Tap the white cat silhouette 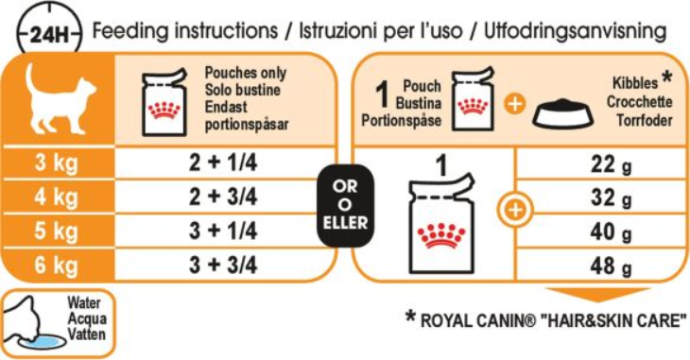pyautogui.click(x=60, y=99)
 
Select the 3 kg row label pyautogui.click(x=57, y=163)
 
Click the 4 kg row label pyautogui.click(x=57, y=197)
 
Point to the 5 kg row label pyautogui.click(x=57, y=231)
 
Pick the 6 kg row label pyautogui.click(x=57, y=265)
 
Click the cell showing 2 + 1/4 pyautogui.click(x=223, y=163)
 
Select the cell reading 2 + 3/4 pyautogui.click(x=223, y=197)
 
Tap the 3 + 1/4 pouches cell pyautogui.click(x=223, y=231)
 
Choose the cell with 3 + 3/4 pyautogui.click(x=223, y=265)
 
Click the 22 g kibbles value pyautogui.click(x=612, y=164)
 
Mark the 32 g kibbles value pyautogui.click(x=612, y=198)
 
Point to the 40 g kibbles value pyautogui.click(x=612, y=232)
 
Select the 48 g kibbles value pyautogui.click(x=612, y=266)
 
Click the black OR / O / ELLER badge pyautogui.click(x=345, y=205)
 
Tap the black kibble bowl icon pyautogui.click(x=562, y=114)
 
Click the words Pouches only pyautogui.click(x=246, y=73)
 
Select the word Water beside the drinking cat pyautogui.click(x=83, y=302)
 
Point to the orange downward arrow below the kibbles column pyautogui.click(x=597, y=295)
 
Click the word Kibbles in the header pyautogui.click(x=635, y=83)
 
